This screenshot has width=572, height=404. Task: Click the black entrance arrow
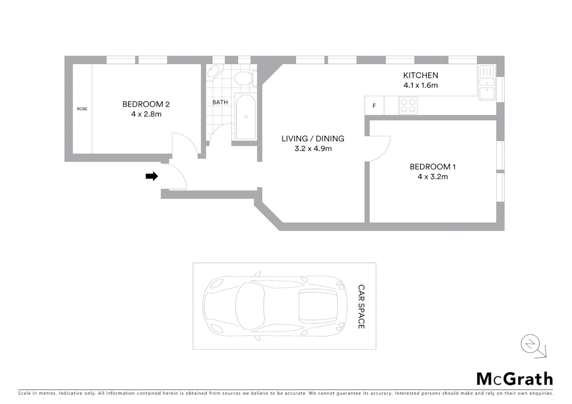152,176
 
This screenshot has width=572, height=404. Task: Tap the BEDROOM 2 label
146,104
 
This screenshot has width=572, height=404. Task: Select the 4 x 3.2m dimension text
432,177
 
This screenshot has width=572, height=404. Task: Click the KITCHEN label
420,75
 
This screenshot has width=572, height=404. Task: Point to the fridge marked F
374,106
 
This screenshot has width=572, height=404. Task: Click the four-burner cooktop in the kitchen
408,105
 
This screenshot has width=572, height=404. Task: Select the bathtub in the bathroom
246,117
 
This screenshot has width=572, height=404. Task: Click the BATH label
220,102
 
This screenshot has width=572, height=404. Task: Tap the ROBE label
82,109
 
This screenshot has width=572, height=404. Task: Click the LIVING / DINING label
313,138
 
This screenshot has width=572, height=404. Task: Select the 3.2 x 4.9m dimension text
313,149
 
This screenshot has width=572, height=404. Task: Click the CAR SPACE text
361,306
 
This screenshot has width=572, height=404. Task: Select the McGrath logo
514,379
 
